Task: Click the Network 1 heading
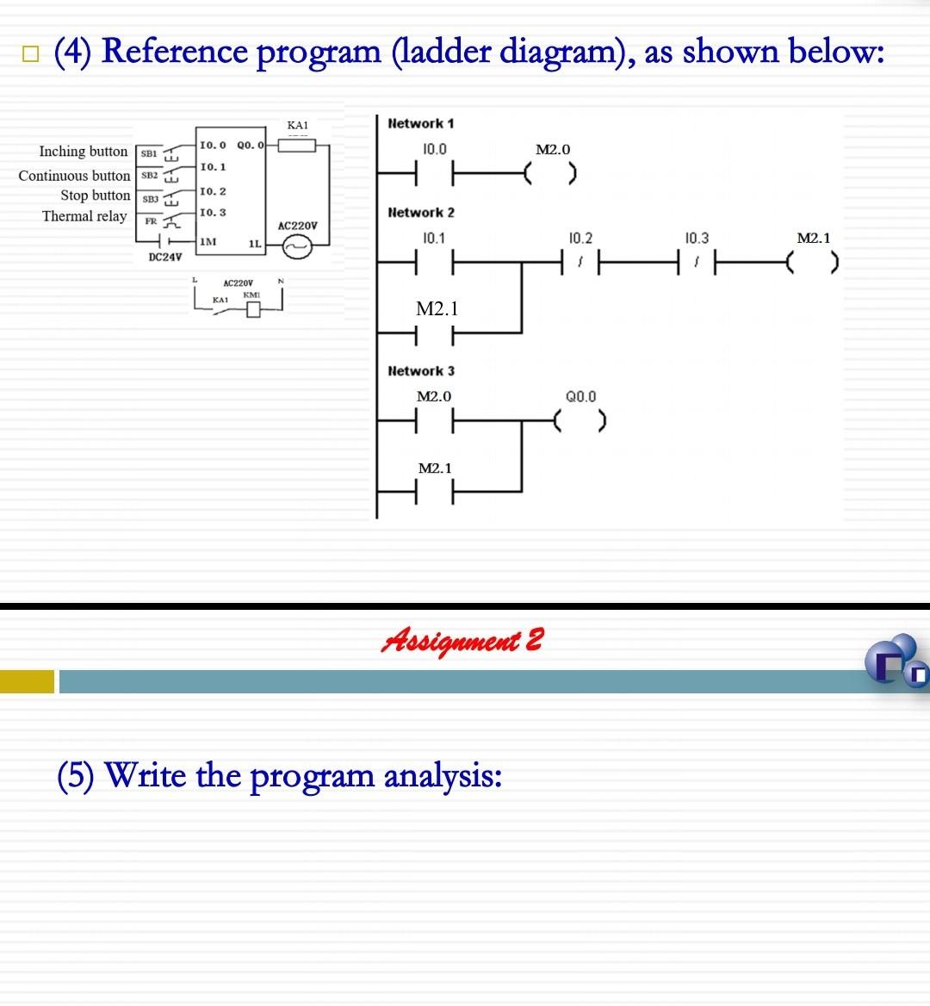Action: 421,123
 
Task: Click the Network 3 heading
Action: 421,371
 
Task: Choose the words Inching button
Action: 84,152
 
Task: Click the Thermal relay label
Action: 84,216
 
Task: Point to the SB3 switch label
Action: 150,199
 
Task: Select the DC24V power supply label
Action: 164,257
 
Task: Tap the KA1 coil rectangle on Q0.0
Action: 297,146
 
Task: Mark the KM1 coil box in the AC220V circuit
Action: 253,310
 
